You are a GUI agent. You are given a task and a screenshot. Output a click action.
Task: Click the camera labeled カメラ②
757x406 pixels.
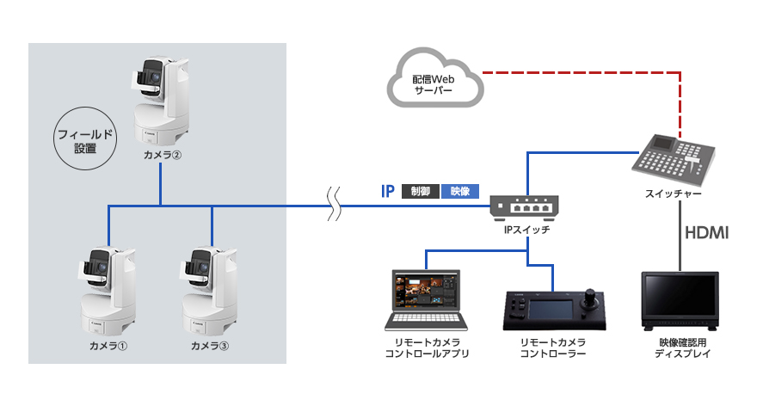[161, 101]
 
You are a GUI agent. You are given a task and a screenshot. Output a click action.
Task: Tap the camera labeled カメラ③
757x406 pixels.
[211, 290]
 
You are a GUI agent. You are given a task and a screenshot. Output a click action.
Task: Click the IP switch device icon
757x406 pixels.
[524, 206]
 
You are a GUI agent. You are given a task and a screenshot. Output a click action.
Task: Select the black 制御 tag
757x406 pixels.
[421, 191]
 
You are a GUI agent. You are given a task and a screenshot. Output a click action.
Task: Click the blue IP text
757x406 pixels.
[388, 191]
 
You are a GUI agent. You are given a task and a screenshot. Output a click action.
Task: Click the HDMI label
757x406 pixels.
[706, 232]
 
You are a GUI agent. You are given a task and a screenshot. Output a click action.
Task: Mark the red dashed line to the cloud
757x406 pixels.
[585, 72]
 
